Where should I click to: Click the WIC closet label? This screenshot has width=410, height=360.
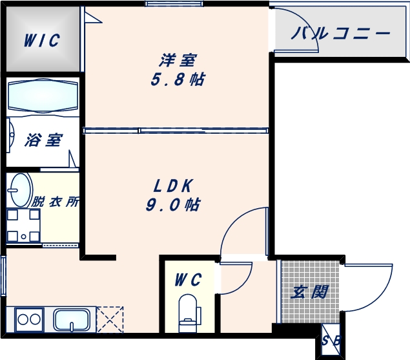pos(42,41)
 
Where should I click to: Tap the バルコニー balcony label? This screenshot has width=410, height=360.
pos(341,34)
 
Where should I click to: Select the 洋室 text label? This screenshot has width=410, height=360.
pos(178,60)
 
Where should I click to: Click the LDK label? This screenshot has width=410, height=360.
pos(173,186)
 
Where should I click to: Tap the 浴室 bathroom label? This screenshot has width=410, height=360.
pos(44,140)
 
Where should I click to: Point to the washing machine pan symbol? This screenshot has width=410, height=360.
pos(23,226)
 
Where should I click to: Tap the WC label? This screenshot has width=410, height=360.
pos(189,280)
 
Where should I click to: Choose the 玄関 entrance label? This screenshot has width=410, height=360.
pos(309,291)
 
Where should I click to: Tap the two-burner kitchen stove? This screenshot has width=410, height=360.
pos(28,319)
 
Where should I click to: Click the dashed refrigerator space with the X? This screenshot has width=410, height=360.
pos(109,319)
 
